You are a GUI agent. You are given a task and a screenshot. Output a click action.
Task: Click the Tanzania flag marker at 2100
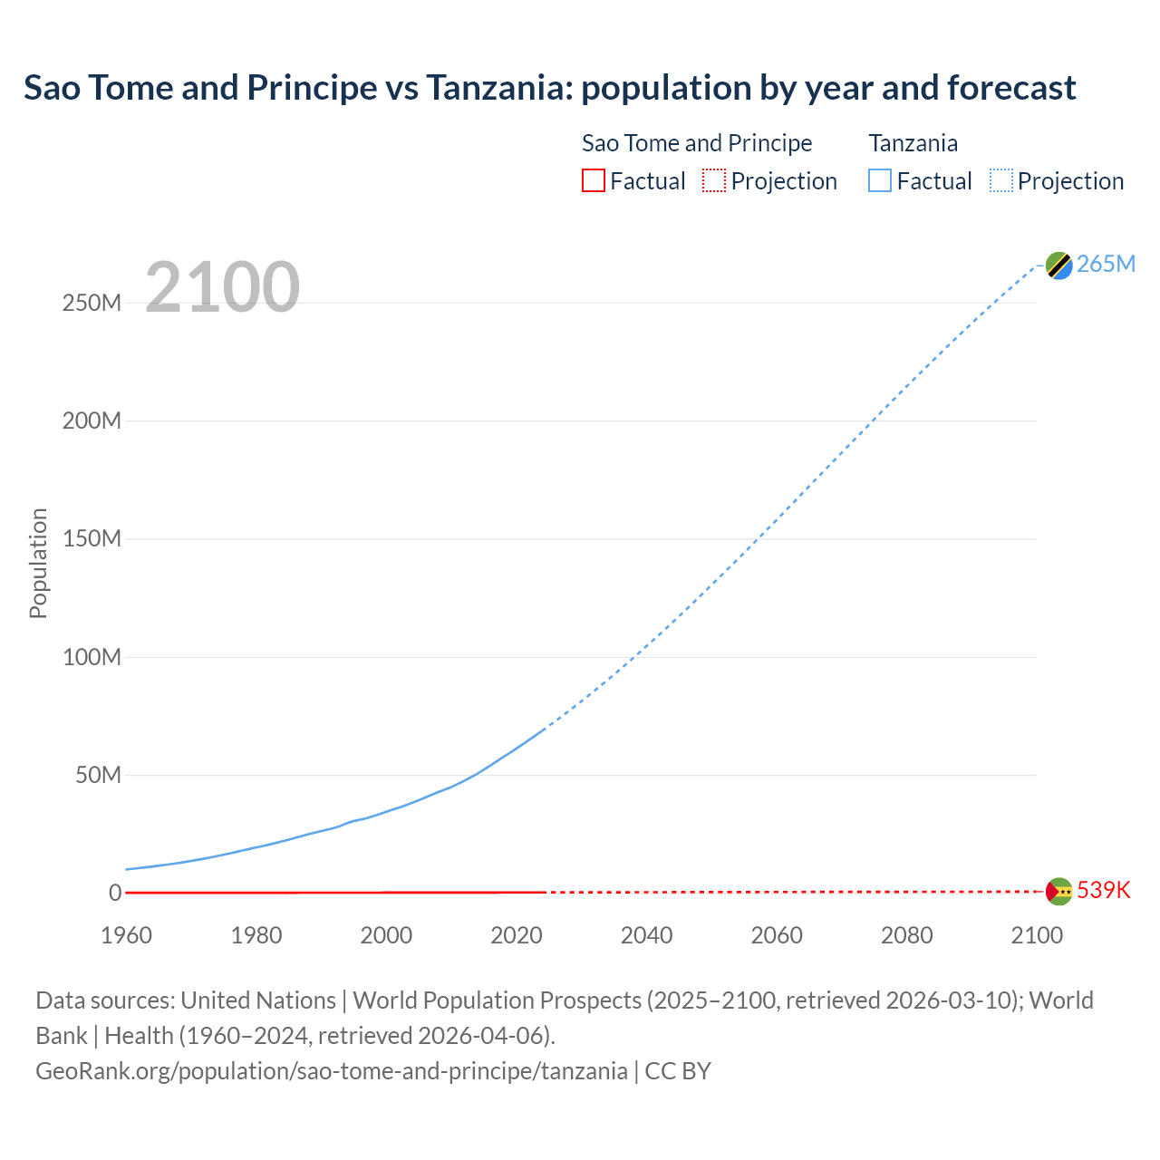[x=1058, y=265]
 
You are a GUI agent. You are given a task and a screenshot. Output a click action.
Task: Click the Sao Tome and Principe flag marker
[x=1058, y=892]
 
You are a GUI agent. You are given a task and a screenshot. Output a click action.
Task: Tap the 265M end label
[x=1106, y=264]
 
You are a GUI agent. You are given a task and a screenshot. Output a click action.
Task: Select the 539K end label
[x=1104, y=890]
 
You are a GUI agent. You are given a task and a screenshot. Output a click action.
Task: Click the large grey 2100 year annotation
[x=222, y=287]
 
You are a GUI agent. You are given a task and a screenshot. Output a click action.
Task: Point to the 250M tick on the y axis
[x=92, y=303]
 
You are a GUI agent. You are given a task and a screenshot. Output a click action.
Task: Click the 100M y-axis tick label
[x=92, y=657]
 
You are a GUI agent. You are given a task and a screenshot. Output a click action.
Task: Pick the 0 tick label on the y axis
[x=115, y=893]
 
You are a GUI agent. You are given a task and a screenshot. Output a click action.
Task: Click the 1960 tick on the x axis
[x=126, y=935]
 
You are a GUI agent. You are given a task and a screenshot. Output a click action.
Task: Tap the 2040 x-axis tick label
[x=646, y=935]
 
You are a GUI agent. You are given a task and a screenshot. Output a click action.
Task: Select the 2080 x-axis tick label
[x=906, y=935]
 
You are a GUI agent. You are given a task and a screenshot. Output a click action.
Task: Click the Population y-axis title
[x=38, y=563]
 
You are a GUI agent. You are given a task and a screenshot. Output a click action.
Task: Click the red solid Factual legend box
[x=593, y=180]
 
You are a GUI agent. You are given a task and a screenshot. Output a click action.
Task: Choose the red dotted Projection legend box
[x=714, y=180]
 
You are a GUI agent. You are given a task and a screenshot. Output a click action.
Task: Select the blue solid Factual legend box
[x=879, y=180]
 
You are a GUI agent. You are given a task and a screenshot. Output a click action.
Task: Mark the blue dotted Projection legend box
[x=1000, y=180]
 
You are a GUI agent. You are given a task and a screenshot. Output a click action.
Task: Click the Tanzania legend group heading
[x=913, y=143]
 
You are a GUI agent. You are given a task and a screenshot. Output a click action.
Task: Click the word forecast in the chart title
[x=1011, y=88]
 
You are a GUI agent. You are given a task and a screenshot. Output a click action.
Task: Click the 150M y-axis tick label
[x=92, y=538]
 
